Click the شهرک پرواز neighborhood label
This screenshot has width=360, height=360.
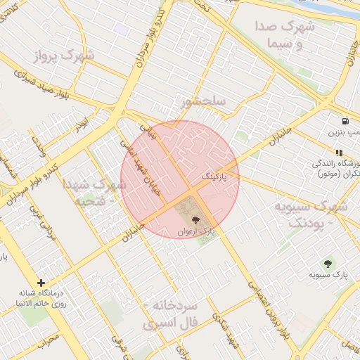(67, 54)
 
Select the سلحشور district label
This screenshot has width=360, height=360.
(202, 101)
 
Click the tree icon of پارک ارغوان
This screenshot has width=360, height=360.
(195, 221)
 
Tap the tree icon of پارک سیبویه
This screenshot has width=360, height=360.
(327, 263)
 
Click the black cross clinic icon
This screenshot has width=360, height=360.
(41, 283)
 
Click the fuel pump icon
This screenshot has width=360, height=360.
(345, 121)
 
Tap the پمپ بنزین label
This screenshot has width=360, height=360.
(344, 131)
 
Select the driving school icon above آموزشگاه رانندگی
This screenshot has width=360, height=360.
(338, 153)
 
